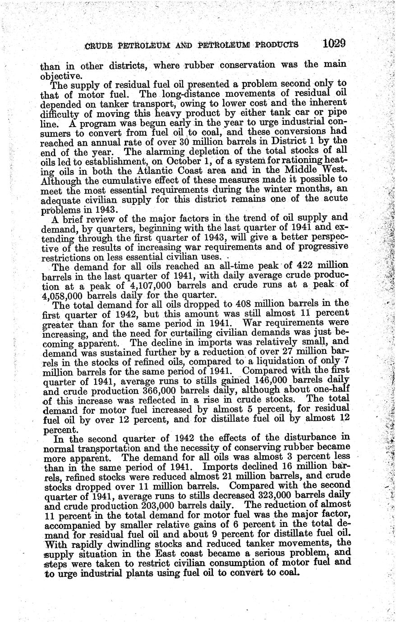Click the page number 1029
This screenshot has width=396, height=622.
334,44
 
